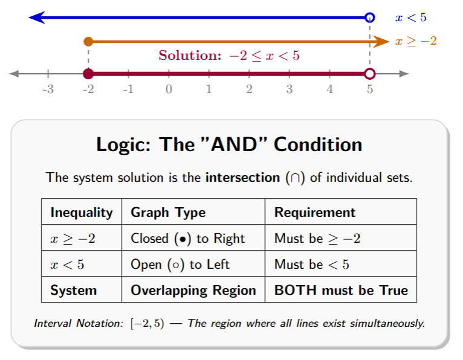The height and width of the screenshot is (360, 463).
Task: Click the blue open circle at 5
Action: click(x=370, y=18)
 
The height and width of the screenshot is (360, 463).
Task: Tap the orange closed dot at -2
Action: click(x=88, y=42)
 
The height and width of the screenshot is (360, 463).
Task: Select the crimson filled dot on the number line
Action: click(x=88, y=74)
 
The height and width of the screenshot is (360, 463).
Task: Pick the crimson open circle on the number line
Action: click(x=370, y=74)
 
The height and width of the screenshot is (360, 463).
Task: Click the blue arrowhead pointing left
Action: click(x=36, y=18)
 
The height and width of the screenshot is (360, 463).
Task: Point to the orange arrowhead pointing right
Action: click(x=381, y=42)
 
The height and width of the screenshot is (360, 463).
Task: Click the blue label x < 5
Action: click(x=411, y=18)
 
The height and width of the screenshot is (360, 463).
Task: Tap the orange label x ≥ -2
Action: click(x=416, y=41)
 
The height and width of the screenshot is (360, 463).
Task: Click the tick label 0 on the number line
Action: click(x=169, y=90)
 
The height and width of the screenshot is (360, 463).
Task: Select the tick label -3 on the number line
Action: click(x=48, y=90)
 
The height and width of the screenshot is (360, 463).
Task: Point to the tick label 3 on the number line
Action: click(x=290, y=90)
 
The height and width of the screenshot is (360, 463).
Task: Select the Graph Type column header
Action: click(x=168, y=213)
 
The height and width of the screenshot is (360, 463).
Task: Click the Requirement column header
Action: click(x=315, y=213)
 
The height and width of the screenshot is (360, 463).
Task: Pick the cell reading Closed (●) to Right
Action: click(x=188, y=239)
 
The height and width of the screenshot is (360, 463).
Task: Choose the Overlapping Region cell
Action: click(x=193, y=291)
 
